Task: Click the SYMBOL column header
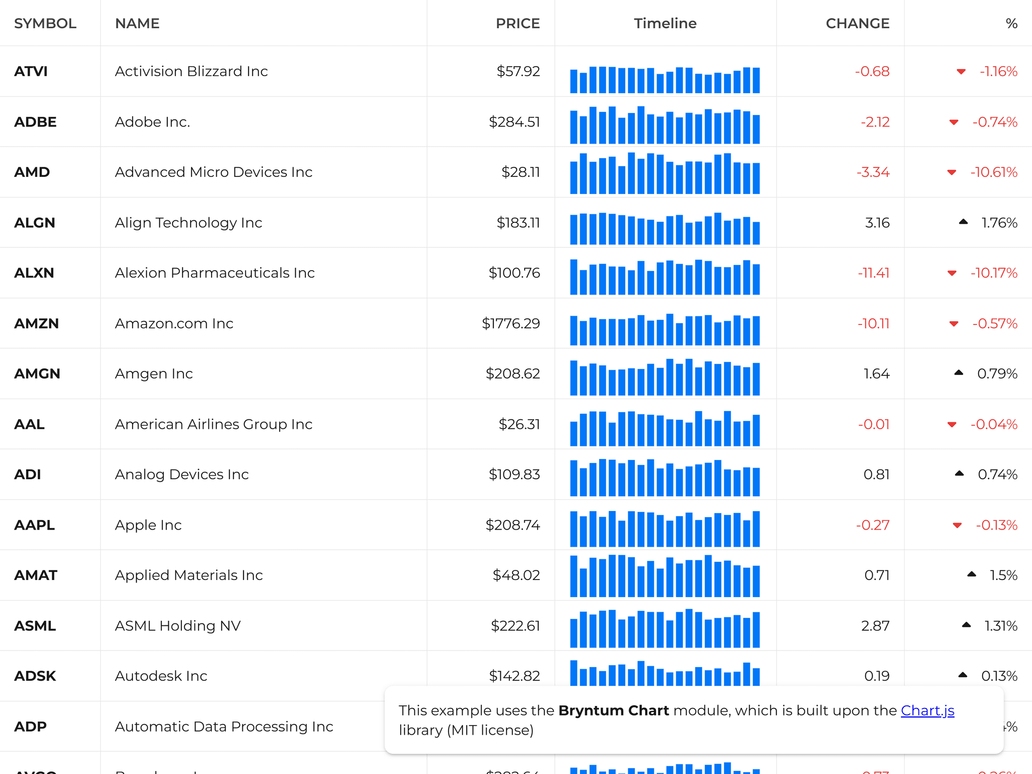[45, 24]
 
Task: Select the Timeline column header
[665, 24]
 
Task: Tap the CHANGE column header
[857, 24]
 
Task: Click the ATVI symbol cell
[31, 72]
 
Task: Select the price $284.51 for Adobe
[514, 122]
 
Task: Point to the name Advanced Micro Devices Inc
[214, 172]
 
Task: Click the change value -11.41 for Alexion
[873, 273]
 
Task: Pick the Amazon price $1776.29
[510, 324]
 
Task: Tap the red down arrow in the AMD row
[952, 172]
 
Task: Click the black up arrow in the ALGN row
[963, 222]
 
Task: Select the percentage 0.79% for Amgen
[997, 374]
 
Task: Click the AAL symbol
[30, 424]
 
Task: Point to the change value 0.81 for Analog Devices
[876, 475]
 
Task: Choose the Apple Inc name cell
[148, 525]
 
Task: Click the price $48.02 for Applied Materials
[516, 575]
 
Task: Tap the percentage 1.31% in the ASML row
[1001, 626]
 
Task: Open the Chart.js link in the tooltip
[927, 711]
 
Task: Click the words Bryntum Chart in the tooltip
[613, 711]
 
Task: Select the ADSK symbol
[35, 676]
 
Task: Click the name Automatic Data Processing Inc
[224, 727]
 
